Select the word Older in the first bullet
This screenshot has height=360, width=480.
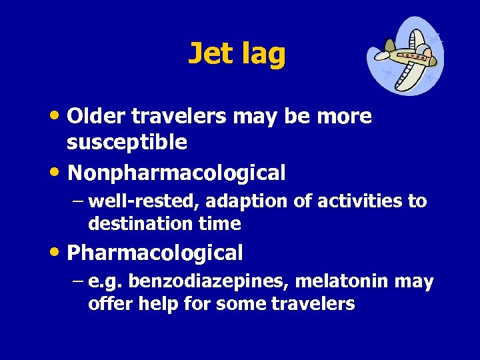(x=97, y=117)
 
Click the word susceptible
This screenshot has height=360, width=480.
(x=127, y=141)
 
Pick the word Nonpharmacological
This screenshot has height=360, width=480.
(x=177, y=173)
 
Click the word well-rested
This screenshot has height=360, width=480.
(x=131, y=201)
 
